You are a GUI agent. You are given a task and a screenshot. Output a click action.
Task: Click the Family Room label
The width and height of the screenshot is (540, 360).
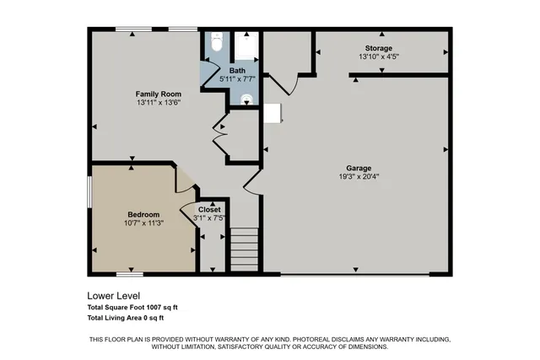coord(158,93)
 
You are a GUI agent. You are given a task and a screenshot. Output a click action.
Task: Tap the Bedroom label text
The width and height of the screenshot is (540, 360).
coord(132,214)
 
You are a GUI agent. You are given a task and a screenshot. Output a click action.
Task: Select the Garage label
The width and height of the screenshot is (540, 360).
coord(358,168)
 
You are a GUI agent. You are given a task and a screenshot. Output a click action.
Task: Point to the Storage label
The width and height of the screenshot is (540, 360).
coord(378,49)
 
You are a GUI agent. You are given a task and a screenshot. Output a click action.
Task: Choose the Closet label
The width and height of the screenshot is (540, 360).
coord(209,209)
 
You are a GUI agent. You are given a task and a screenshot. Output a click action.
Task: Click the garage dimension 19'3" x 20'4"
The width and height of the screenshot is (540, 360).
coord(358,177)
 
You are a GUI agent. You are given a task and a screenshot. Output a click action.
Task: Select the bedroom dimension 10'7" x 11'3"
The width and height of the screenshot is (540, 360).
coord(132,223)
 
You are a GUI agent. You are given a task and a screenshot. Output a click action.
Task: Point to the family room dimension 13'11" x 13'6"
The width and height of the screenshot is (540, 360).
coord(158,102)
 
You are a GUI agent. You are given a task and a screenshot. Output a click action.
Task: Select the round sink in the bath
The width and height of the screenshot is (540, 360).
coord(246,99)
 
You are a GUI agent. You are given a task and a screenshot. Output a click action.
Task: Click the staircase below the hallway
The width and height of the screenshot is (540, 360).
coord(244,250)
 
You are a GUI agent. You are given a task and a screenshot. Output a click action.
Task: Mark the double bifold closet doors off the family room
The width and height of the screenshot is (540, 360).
coord(220,136)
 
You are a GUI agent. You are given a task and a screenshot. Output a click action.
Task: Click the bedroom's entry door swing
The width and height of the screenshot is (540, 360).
coord(185,180)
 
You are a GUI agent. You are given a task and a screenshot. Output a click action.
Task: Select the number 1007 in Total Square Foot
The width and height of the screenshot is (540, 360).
coord(148,308)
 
